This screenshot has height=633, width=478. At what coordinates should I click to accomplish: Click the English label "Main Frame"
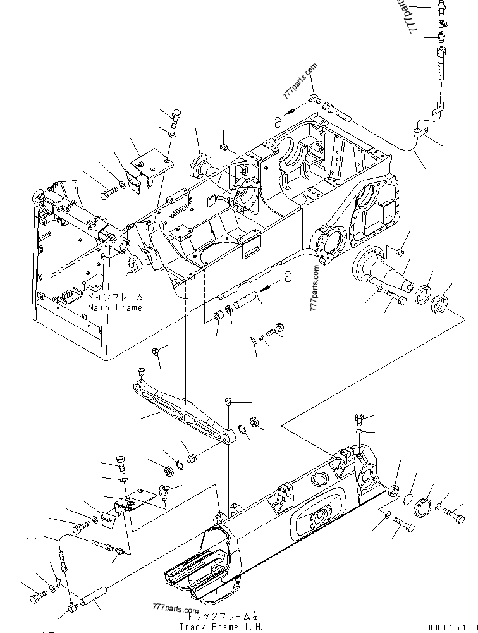(x=115, y=307)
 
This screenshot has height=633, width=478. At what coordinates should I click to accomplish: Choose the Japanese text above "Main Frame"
(x=115, y=297)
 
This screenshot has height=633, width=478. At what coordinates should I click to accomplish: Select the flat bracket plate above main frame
(x=150, y=163)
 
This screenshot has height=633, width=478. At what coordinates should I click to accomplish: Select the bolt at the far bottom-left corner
(x=35, y=596)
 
